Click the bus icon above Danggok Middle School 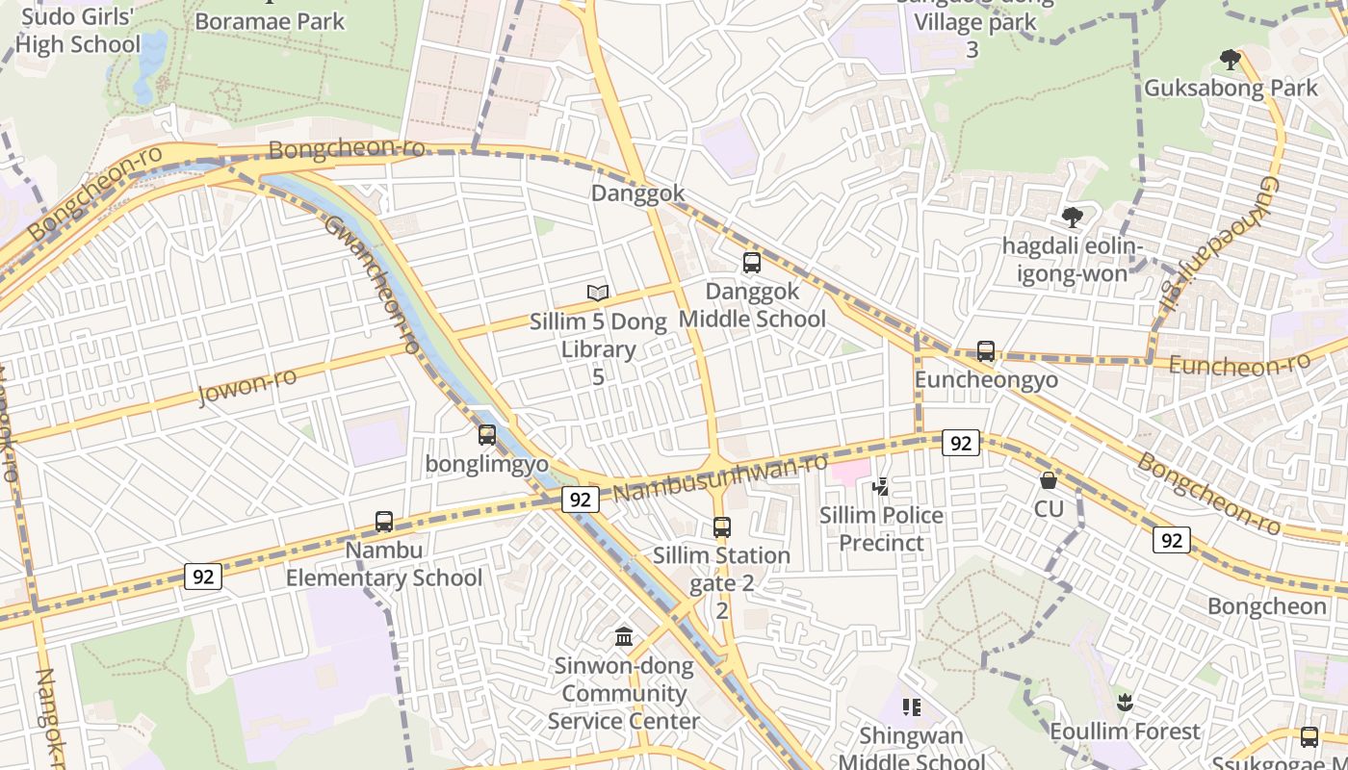(x=751, y=262)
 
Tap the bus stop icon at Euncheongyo (x=985, y=351)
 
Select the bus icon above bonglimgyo (x=486, y=435)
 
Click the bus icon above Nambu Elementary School (x=383, y=522)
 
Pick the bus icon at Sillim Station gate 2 (x=721, y=526)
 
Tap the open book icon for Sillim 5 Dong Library (x=598, y=293)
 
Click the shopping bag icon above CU (x=1048, y=479)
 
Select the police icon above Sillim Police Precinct (x=880, y=487)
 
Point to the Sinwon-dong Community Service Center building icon (x=624, y=637)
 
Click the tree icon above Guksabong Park (x=1230, y=60)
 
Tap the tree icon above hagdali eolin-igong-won (x=1072, y=218)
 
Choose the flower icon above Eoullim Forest (x=1124, y=703)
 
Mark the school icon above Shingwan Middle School (x=911, y=708)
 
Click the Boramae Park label (x=269, y=21)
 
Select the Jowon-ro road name (x=246, y=386)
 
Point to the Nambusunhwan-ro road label (x=720, y=477)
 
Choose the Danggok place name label (x=637, y=193)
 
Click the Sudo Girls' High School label (x=77, y=31)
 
